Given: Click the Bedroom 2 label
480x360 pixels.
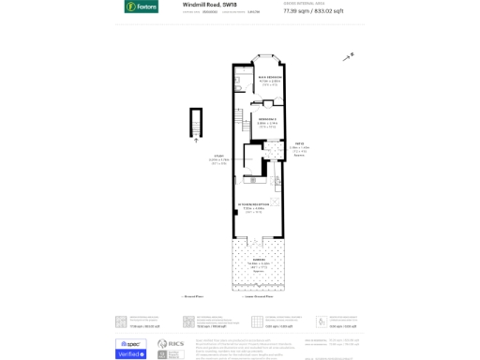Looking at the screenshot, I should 266,121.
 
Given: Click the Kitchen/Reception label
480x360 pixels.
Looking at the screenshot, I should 256,206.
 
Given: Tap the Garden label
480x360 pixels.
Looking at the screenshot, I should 258,262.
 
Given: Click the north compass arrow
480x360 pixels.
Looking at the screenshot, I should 349,57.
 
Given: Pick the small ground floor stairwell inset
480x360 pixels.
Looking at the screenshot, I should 196,122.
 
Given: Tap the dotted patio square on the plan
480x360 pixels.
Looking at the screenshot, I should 274,153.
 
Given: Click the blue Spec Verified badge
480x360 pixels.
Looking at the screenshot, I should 131,348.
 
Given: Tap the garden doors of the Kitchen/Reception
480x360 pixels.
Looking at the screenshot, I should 258,239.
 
